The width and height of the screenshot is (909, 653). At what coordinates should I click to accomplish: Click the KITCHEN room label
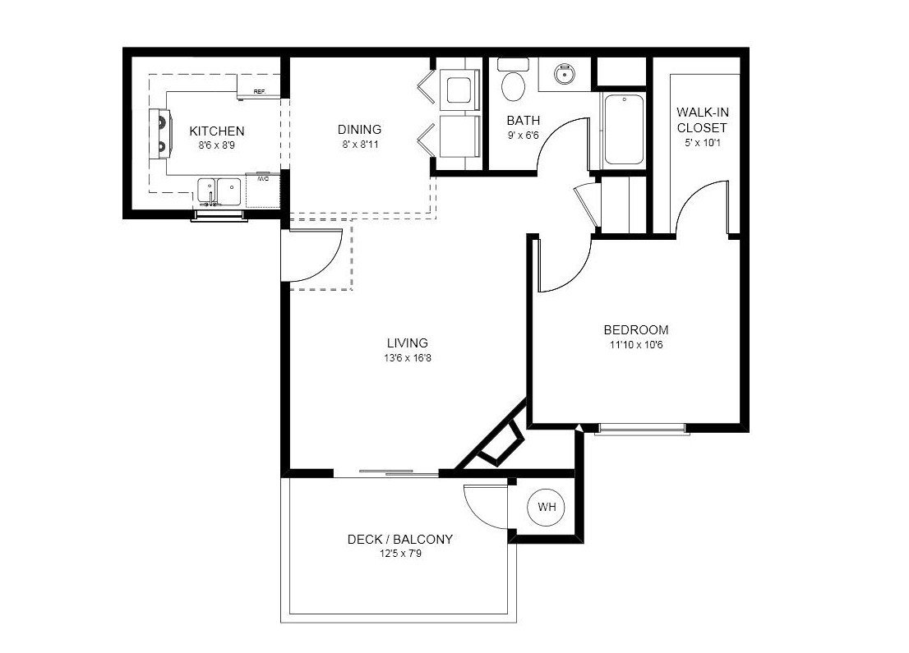pos(216,131)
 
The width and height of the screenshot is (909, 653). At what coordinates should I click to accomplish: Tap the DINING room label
pos(359,130)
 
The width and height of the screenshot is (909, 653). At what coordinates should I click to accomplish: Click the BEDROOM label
pos(635,330)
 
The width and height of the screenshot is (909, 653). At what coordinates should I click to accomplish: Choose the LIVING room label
pos(407,343)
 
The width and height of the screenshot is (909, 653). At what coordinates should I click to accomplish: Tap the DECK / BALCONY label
pos(399,540)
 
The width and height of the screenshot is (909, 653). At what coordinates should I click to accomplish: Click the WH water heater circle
pos(547,508)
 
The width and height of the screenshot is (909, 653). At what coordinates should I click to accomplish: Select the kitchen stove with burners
pos(159,133)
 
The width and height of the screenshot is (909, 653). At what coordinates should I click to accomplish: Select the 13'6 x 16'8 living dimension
pos(407,358)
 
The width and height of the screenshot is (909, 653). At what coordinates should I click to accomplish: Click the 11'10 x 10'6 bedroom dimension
pos(635,345)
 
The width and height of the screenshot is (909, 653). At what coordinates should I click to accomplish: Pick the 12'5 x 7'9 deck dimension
pos(399,554)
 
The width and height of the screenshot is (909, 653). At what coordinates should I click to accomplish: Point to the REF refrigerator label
pos(259,92)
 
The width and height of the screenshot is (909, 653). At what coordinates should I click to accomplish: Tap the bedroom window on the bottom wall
pos(641,428)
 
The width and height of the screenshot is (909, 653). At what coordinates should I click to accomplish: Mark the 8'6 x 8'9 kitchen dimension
pos(216,145)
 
